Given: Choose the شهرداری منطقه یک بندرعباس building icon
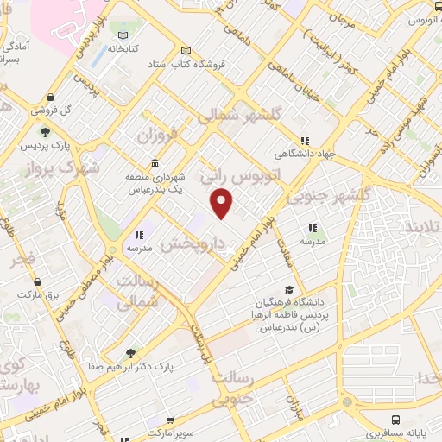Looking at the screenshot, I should click(155, 164).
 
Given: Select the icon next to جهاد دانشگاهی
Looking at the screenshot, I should click(304, 141).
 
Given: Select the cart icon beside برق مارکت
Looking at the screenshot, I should click(36, 281).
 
